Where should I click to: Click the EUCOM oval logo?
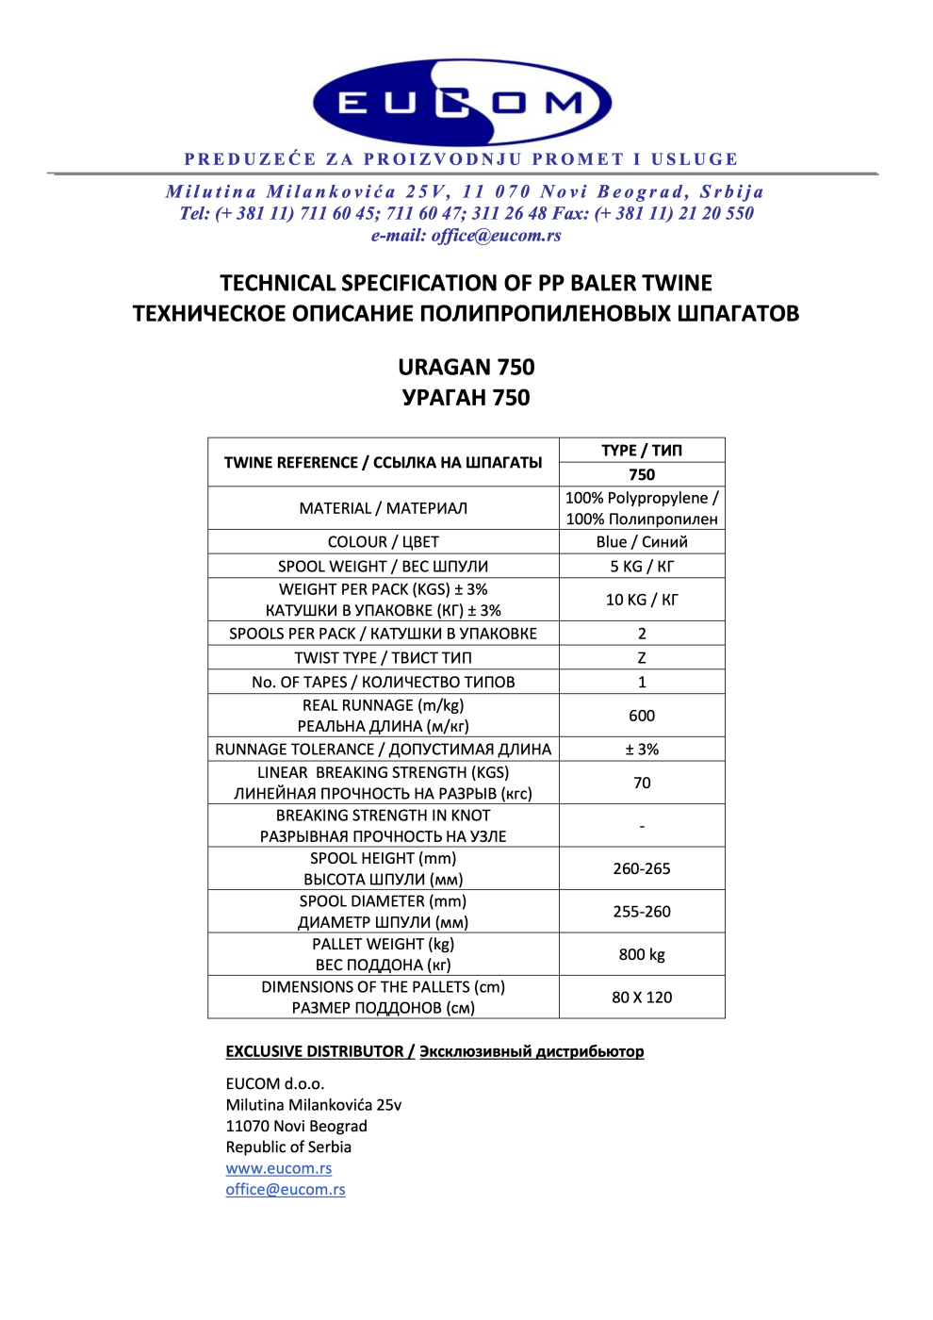click(x=462, y=103)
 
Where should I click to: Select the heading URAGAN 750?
click(x=466, y=367)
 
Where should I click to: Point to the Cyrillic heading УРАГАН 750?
click(x=466, y=398)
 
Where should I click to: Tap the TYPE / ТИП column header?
click(x=642, y=451)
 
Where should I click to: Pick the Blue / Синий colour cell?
click(x=642, y=542)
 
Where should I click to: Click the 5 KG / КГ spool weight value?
click(x=642, y=567)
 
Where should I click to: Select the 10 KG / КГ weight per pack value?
click(x=642, y=600)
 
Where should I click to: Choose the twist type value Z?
click(x=642, y=658)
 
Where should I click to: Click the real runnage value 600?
click(x=642, y=716)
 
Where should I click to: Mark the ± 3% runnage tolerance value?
click(x=642, y=750)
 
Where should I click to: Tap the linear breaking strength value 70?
click(x=642, y=783)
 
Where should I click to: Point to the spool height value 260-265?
click(x=642, y=868)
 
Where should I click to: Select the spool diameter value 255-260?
click(x=642, y=912)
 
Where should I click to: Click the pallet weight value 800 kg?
click(x=642, y=954)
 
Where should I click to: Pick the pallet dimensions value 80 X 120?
click(x=642, y=998)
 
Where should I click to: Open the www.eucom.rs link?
click(x=279, y=1169)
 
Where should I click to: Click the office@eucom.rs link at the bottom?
click(x=286, y=1190)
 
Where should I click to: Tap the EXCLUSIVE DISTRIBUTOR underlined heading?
click(x=315, y=1051)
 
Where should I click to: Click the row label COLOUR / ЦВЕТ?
click(x=383, y=542)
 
